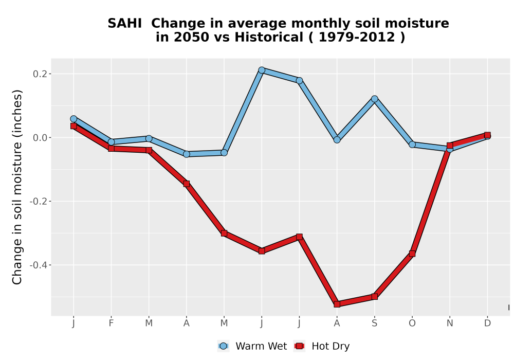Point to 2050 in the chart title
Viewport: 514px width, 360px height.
(x=191, y=37)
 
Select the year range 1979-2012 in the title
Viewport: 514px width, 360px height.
(x=356, y=37)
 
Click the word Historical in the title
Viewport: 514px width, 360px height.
(x=269, y=37)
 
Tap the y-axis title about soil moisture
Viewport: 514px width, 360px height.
(x=17, y=187)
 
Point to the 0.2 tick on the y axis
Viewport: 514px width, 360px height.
(x=40, y=74)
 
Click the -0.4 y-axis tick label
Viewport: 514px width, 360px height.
(x=38, y=265)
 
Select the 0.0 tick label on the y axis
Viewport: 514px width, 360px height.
(x=40, y=138)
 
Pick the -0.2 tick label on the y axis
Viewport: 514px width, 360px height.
(x=38, y=201)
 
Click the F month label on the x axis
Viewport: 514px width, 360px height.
(x=111, y=323)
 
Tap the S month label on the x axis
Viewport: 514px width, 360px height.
(x=374, y=323)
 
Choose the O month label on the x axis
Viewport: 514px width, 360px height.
(x=412, y=323)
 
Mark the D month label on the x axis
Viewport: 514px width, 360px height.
(x=487, y=323)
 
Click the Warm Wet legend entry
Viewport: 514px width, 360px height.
(x=252, y=346)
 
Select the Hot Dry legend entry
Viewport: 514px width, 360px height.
(x=322, y=346)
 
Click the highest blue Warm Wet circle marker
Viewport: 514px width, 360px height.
(x=262, y=70)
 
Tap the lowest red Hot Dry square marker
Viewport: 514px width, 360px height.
(x=337, y=304)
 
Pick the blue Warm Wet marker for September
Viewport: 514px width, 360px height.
(x=375, y=99)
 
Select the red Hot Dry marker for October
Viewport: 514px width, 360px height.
(x=412, y=254)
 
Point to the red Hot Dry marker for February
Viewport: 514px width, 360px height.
(x=111, y=149)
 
